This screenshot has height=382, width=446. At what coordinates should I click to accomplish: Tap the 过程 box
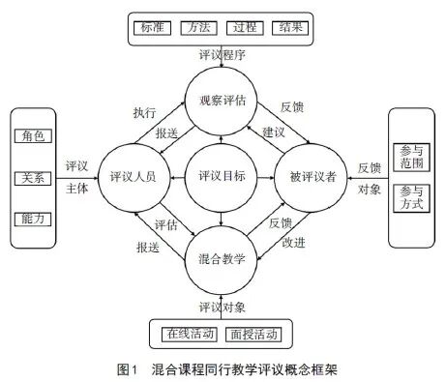(246, 28)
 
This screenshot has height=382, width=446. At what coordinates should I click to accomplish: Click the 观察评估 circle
(223, 100)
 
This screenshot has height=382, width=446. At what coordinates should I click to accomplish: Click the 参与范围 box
(411, 157)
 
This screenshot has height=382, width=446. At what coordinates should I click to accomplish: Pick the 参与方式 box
(411, 199)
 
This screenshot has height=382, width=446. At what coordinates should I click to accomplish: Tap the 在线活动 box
(187, 335)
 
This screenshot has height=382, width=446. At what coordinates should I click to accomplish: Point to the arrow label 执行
(144, 112)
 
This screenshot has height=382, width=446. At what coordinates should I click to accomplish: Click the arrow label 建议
(274, 130)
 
